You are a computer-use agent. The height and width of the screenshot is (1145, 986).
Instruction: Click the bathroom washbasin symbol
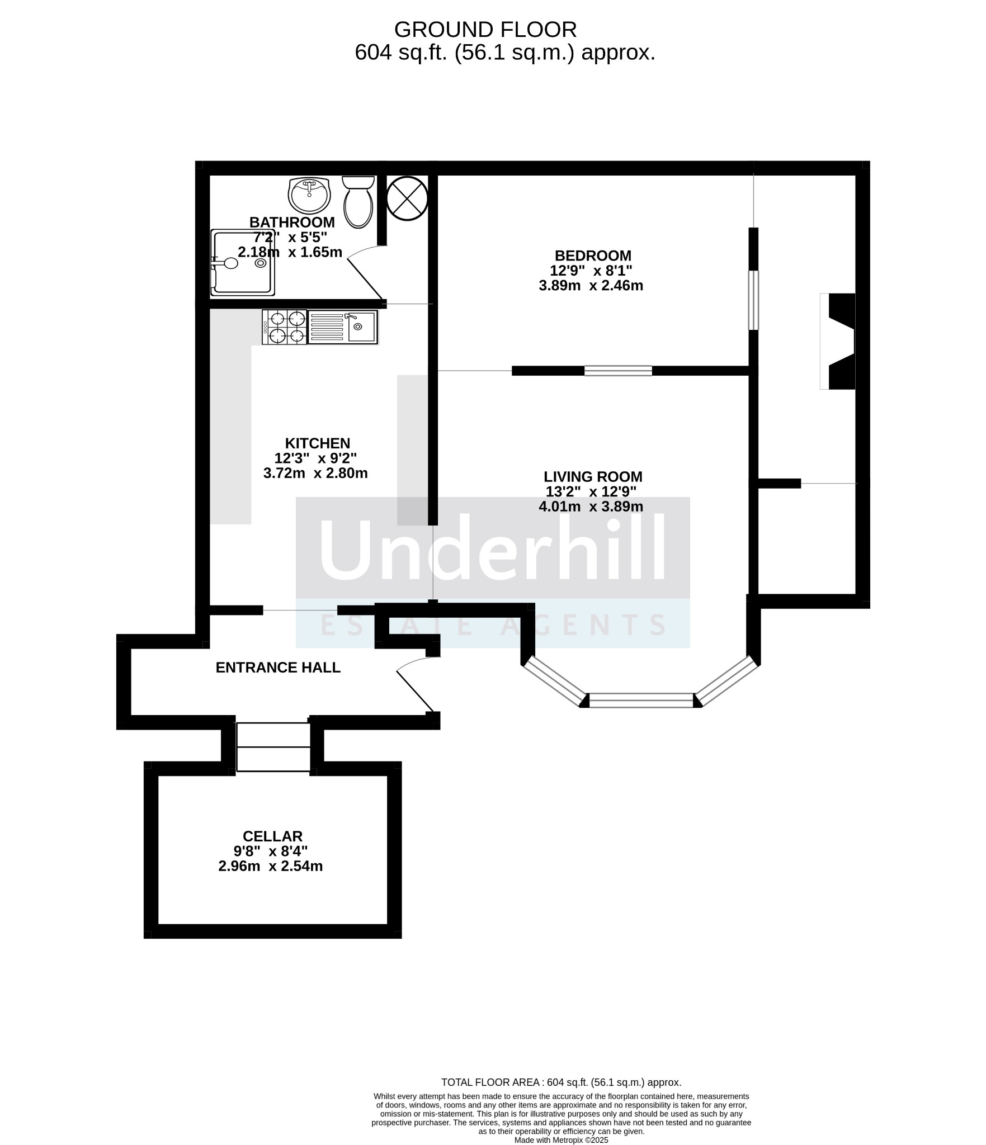click(x=309, y=195)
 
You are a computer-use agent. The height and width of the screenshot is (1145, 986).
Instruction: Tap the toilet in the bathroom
click(x=358, y=202)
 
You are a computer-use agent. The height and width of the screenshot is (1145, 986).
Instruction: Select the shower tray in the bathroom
click(x=243, y=263)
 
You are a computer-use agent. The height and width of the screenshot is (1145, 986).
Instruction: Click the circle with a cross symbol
click(x=408, y=198)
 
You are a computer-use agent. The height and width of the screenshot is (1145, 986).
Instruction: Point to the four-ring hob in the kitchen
click(x=285, y=327)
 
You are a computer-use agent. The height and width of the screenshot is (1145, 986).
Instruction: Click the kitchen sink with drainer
click(x=343, y=327)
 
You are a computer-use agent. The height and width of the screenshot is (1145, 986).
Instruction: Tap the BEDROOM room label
click(x=593, y=256)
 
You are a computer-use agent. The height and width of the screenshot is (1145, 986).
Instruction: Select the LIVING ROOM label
click(x=593, y=477)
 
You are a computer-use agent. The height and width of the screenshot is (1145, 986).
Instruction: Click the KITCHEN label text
click(x=318, y=443)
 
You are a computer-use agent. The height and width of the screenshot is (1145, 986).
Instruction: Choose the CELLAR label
click(x=272, y=836)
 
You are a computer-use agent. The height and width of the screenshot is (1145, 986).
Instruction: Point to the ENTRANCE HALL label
click(x=278, y=668)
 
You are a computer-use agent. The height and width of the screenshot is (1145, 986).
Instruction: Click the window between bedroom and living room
click(x=618, y=371)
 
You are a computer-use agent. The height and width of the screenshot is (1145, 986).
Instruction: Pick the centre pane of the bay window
click(x=641, y=701)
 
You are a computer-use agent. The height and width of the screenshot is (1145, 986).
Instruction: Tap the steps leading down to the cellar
click(x=273, y=747)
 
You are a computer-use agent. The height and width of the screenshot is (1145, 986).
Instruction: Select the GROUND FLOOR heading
click(x=485, y=29)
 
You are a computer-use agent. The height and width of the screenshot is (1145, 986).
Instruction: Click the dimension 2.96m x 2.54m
click(x=271, y=867)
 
